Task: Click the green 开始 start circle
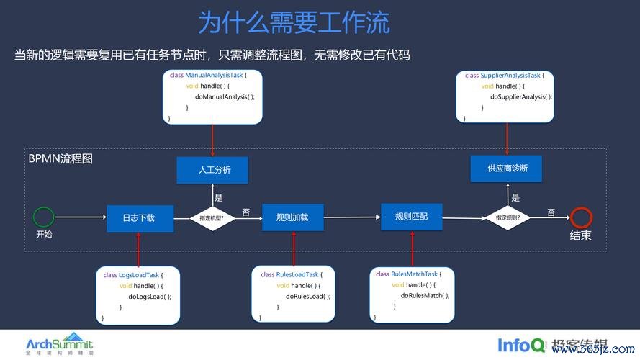44,217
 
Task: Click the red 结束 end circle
580,217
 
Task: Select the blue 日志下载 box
140,217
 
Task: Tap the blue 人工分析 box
213,171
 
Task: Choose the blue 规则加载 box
292,217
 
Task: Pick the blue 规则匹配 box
411,216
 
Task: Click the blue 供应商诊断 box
507,168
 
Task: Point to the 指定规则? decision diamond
508,217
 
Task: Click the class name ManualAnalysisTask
215,75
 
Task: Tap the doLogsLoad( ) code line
148,297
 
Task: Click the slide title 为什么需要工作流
294,22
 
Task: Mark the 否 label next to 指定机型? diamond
246,212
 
